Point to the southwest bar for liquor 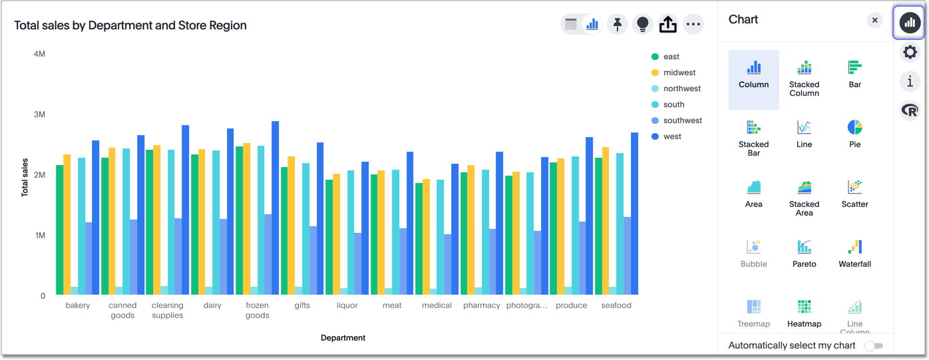pyautogui.click(x=358, y=264)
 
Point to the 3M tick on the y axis pyautogui.click(x=39, y=114)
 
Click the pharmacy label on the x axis pyautogui.click(x=481, y=305)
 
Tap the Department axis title pyautogui.click(x=343, y=338)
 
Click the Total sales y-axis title pyautogui.click(x=25, y=177)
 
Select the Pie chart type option pyautogui.click(x=854, y=133)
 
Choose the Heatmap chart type pyautogui.click(x=804, y=313)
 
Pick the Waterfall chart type pyautogui.click(x=854, y=253)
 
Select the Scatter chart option pyautogui.click(x=854, y=193)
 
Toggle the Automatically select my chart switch pyautogui.click(x=873, y=346)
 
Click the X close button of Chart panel pyautogui.click(x=874, y=21)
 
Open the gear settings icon pyautogui.click(x=910, y=52)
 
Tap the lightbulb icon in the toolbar pyautogui.click(x=642, y=25)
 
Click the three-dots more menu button pyautogui.click(x=693, y=25)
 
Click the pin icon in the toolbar pyautogui.click(x=618, y=25)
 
